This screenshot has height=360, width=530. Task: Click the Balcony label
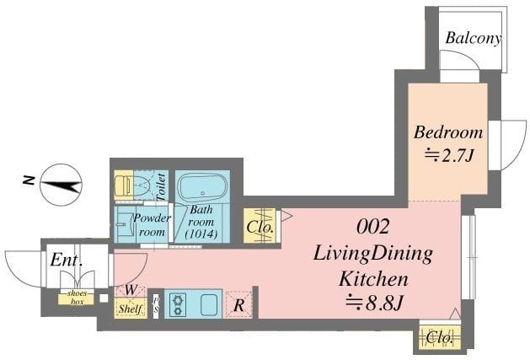(x=473, y=38)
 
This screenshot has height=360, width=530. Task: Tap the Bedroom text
(x=448, y=132)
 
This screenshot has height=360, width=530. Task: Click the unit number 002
(x=372, y=227)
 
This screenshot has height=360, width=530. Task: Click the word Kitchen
(x=373, y=279)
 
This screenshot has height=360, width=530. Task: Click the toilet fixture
(x=131, y=185)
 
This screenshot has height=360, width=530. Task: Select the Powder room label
(x=152, y=225)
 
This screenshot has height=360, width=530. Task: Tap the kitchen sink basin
(x=211, y=304)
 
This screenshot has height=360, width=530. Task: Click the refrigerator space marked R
(x=239, y=305)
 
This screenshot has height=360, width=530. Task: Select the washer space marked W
(x=131, y=290)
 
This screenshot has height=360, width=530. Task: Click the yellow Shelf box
(x=131, y=309)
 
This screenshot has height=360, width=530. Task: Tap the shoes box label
(x=77, y=298)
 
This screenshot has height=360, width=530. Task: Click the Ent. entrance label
(x=67, y=261)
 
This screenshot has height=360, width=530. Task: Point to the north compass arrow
(x=62, y=185)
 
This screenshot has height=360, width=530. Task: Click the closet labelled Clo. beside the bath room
(x=260, y=226)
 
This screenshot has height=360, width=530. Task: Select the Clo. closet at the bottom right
(x=439, y=337)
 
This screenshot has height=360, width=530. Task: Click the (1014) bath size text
(x=201, y=234)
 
